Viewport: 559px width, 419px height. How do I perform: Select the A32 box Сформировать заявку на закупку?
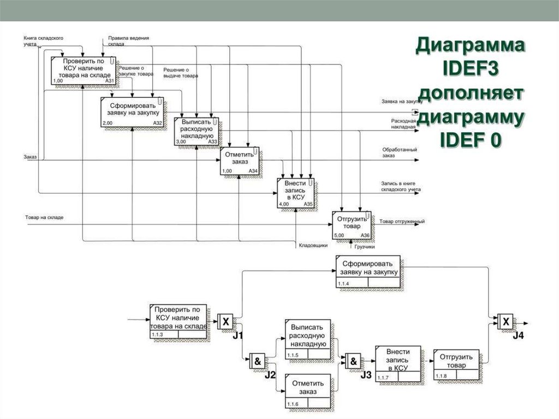point(133,111)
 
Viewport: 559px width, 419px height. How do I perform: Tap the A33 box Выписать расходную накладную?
point(197,131)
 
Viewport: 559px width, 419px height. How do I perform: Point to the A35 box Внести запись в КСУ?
point(295,193)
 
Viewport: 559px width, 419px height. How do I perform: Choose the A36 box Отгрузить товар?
point(352,225)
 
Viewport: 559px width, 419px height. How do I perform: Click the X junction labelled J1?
point(225,322)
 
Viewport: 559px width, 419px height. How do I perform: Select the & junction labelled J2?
point(257,361)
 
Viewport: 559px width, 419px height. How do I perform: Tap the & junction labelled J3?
point(353,361)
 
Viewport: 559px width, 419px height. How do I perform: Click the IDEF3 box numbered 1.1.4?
point(368,271)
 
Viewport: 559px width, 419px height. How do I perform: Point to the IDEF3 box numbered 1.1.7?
point(398,363)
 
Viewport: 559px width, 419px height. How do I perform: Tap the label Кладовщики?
point(312,245)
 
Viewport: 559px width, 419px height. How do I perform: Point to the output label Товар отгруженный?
point(402,221)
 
